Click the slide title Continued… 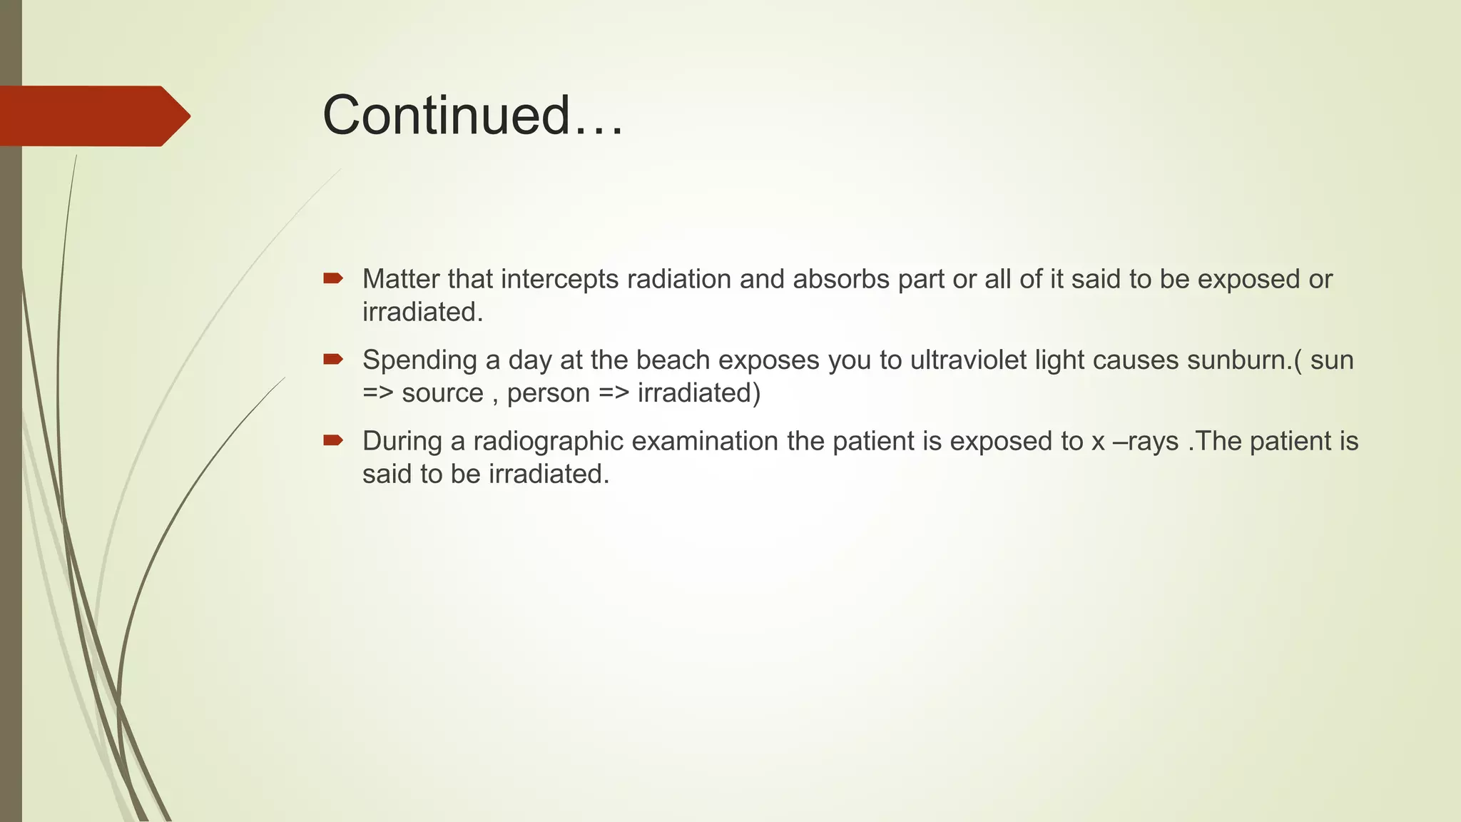(x=473, y=115)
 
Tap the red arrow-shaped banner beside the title (x=93, y=116)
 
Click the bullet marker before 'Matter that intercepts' (x=333, y=278)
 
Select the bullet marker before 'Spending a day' (x=333, y=359)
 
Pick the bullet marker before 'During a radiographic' (x=333, y=440)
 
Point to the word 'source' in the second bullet (x=442, y=393)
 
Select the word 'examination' (x=705, y=441)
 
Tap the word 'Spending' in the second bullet (x=419, y=360)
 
